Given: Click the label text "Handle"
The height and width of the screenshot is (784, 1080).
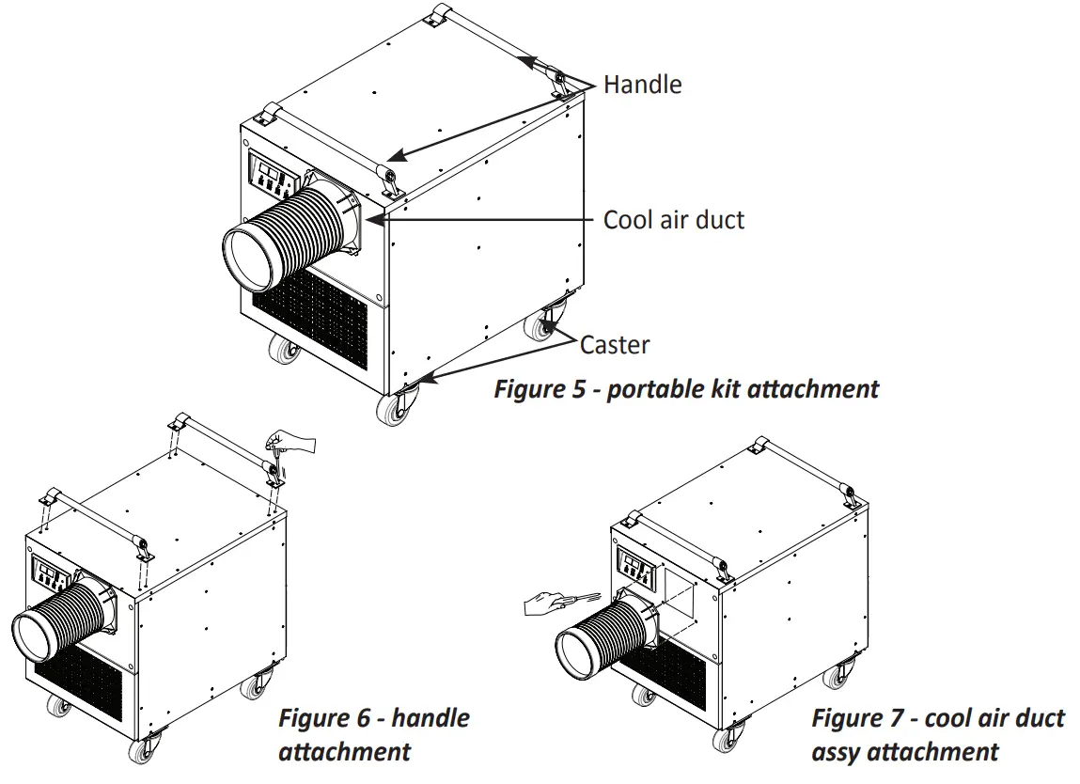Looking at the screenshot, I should click(x=642, y=85).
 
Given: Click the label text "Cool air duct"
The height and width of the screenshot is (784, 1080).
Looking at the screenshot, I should click(x=673, y=220).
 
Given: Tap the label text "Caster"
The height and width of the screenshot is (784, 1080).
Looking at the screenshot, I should click(x=614, y=345).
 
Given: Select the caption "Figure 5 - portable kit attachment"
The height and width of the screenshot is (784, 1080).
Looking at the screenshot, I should click(x=686, y=389).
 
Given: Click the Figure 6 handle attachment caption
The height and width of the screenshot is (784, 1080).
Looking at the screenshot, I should click(x=373, y=735).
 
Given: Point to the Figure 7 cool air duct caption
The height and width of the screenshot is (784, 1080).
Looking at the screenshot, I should click(x=937, y=735).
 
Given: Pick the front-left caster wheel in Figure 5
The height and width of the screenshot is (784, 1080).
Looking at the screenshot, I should click(x=282, y=351).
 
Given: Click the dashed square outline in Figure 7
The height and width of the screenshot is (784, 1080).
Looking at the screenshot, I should click(x=676, y=593).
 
